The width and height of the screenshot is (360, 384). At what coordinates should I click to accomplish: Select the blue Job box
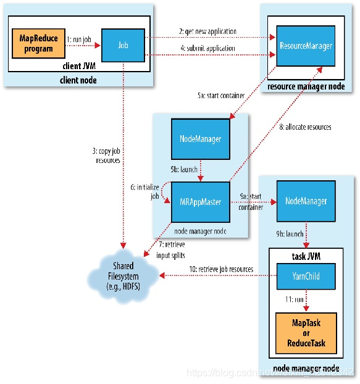[123, 45]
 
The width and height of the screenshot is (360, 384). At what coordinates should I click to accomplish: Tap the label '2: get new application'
[208, 31]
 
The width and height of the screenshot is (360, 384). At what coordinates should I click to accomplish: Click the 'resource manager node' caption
[306, 86]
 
